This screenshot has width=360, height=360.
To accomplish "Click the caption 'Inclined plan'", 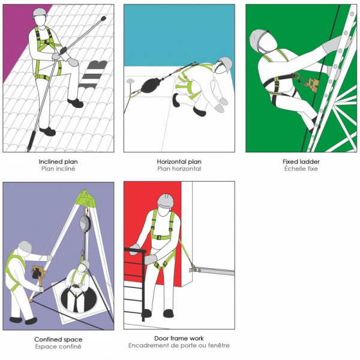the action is pyautogui.click(x=58, y=161).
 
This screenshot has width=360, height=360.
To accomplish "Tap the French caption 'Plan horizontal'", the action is pyautogui.click(x=179, y=169).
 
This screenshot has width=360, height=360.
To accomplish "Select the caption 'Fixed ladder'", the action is pyautogui.click(x=301, y=161).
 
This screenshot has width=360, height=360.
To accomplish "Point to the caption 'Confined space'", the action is pyautogui.click(x=58, y=340).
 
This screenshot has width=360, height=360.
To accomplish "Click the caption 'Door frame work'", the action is pyautogui.click(x=179, y=338).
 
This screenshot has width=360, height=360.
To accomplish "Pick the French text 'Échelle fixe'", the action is pyautogui.click(x=301, y=169).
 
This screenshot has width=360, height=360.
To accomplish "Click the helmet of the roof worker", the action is pyautogui.click(x=40, y=13).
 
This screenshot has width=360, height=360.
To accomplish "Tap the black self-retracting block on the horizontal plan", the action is pyautogui.click(x=151, y=85).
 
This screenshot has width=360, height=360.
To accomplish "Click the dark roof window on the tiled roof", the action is pyautogui.click(x=93, y=74).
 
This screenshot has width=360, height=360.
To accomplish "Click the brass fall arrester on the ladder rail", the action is pyautogui.click(x=313, y=84).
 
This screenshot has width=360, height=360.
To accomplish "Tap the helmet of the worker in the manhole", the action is pyautogui.click(x=85, y=264).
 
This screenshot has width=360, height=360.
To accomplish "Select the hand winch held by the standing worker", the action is pyautogui.click(x=38, y=272).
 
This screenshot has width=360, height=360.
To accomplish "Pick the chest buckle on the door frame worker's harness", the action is pyautogui.click(x=159, y=238).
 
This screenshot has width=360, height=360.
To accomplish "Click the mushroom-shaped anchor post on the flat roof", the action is pyautogui.click(x=130, y=81).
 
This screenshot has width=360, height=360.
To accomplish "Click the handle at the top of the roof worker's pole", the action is pyautogui.click(x=103, y=18).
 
